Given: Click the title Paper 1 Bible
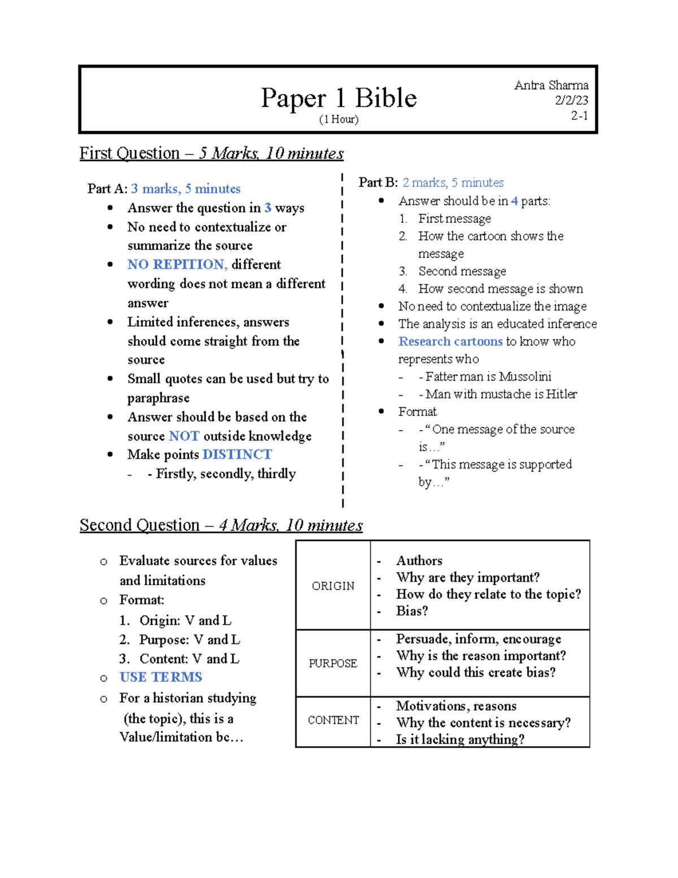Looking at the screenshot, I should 338,98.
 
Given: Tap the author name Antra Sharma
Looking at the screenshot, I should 551,85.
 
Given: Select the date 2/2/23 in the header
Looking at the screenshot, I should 571,100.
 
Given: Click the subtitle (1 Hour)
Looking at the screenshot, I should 338,119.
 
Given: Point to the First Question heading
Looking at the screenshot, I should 211,153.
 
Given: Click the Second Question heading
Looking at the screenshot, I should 221,525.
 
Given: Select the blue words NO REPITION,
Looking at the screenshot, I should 177,265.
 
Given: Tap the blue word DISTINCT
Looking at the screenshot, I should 237,455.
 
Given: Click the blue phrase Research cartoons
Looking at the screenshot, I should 450,341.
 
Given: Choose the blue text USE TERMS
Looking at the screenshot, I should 160,677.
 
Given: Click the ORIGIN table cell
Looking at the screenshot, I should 333,586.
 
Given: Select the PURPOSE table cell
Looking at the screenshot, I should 333,663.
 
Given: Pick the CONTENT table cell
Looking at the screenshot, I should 333,720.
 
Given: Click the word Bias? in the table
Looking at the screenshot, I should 412,611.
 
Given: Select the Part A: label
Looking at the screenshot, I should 107,189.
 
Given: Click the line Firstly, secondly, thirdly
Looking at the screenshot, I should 225,474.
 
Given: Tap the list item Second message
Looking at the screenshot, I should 462,271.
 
